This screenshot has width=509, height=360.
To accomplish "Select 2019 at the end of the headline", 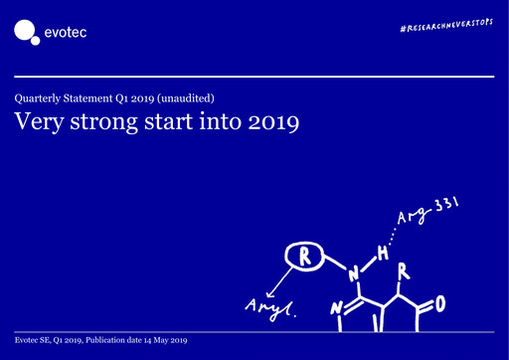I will (x=272, y=123).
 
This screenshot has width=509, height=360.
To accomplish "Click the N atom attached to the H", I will (x=353, y=270).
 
